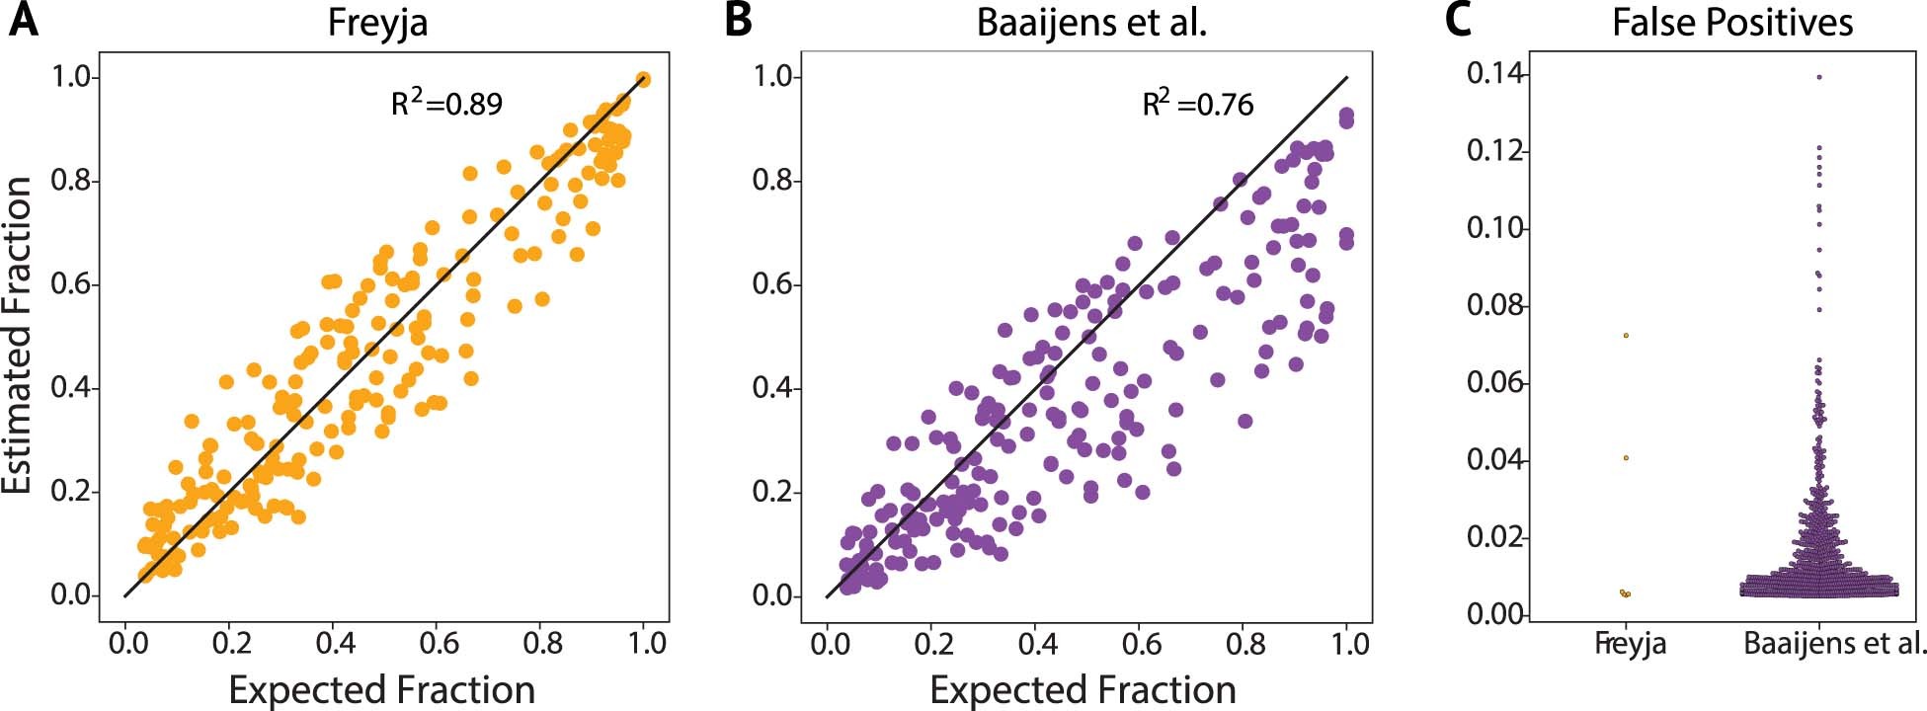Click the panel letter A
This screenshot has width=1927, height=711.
24,21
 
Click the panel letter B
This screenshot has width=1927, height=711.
738,21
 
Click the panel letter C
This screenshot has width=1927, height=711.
1458,21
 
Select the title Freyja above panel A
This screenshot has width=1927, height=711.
378,22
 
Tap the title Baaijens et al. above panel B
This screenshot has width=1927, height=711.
1091,22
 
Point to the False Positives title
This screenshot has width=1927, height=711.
1732,22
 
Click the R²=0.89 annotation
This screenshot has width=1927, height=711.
446,103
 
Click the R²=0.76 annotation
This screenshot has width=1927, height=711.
1197,103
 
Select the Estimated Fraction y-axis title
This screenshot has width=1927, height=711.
18,336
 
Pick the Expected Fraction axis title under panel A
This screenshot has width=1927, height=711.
382,689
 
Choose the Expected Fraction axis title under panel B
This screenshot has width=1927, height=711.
1084,689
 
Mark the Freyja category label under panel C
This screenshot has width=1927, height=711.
1630,645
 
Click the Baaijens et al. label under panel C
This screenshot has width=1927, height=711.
1834,645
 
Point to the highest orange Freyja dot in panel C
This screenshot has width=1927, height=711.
1625,336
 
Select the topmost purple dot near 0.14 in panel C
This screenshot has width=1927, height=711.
1819,77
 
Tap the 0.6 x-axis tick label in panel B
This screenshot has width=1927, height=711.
1140,645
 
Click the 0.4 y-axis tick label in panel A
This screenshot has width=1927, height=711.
70,388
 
